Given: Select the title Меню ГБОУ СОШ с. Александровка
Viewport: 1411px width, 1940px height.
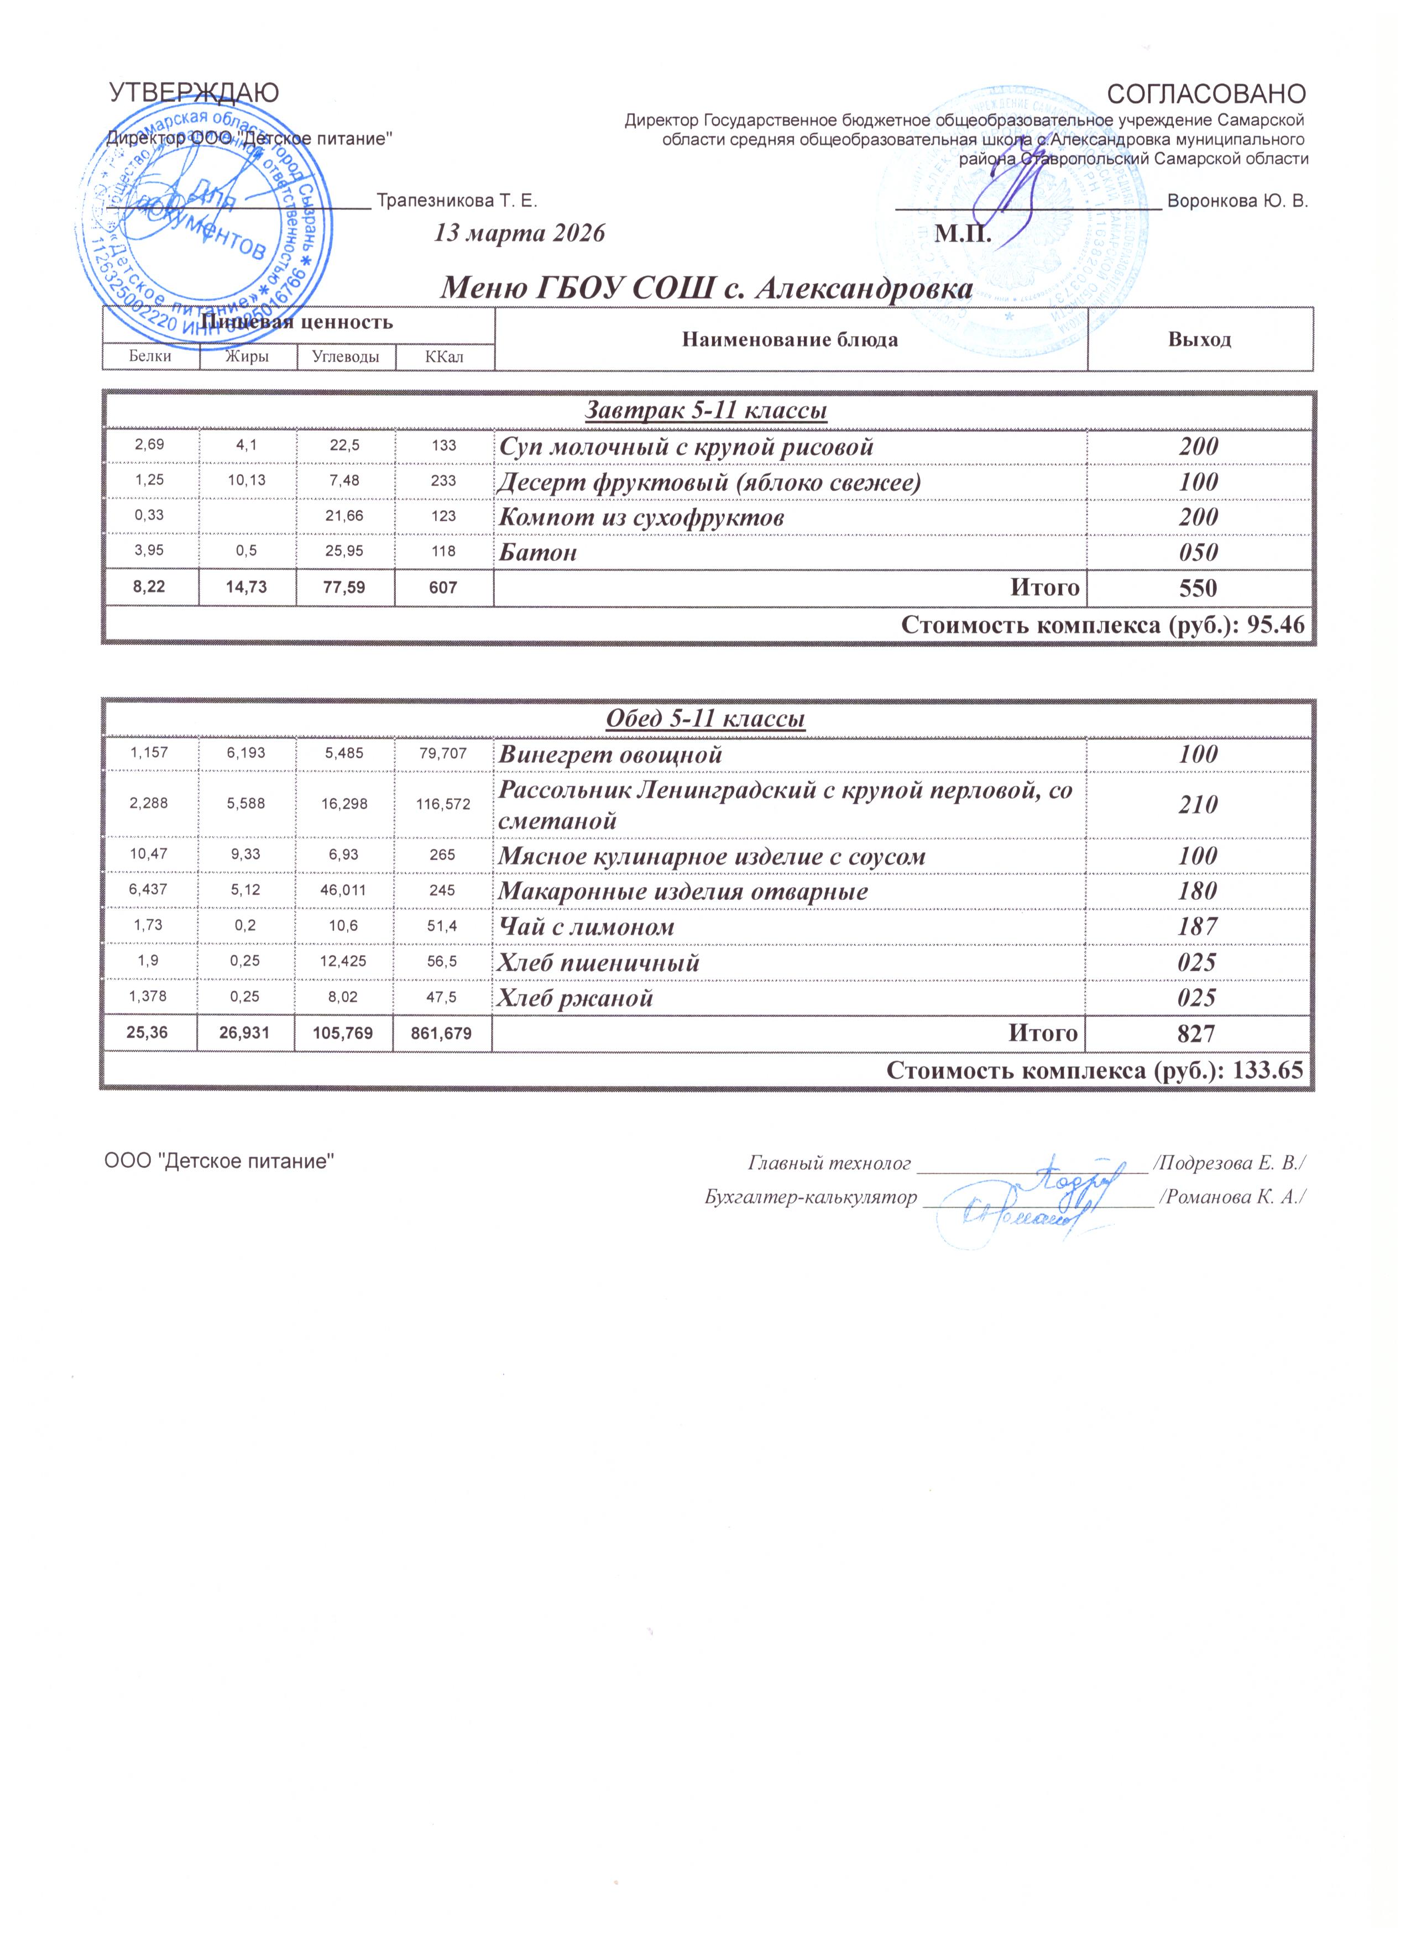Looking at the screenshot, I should pyautogui.click(x=706, y=289).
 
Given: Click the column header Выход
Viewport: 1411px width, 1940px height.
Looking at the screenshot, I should pyautogui.click(x=1200, y=339).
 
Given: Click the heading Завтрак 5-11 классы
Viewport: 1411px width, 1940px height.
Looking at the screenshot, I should pyautogui.click(x=706, y=411).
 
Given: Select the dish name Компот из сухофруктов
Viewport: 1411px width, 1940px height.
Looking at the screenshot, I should pyautogui.click(x=642, y=517).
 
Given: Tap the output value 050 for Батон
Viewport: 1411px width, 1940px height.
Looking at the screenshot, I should pyautogui.click(x=1198, y=553).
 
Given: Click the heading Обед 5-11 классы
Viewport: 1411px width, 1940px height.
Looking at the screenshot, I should pyautogui.click(x=706, y=720).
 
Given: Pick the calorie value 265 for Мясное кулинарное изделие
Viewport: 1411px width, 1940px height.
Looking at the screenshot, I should pyautogui.click(x=443, y=856).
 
